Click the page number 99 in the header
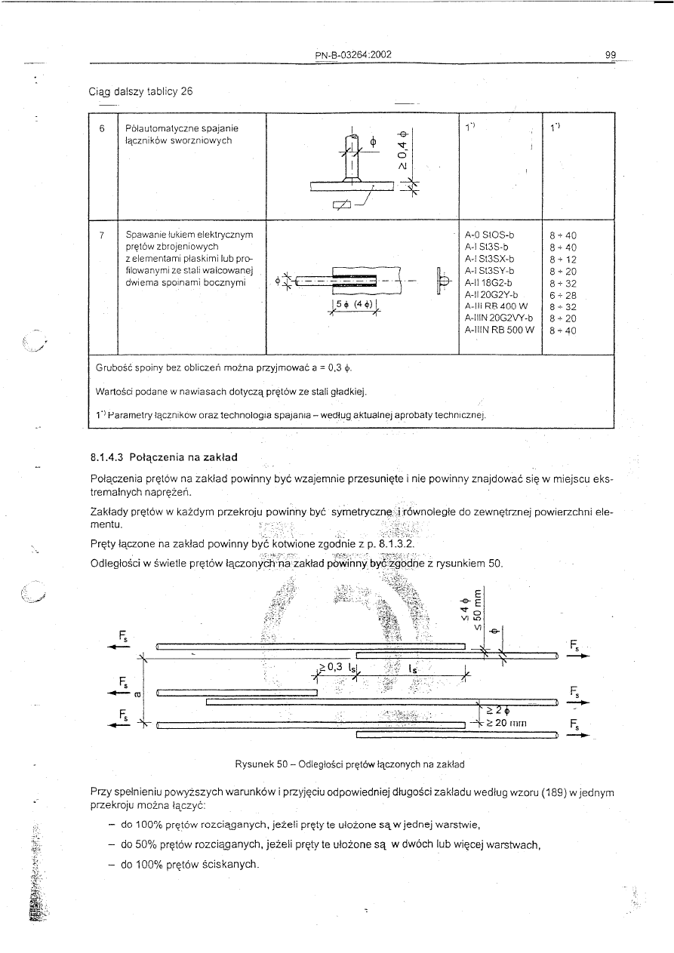pos(611,54)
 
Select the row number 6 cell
pos(102,128)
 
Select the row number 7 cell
pos(102,235)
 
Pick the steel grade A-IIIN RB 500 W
pos(501,329)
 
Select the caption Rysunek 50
pos(349,764)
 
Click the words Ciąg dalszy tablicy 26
pos(141,92)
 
